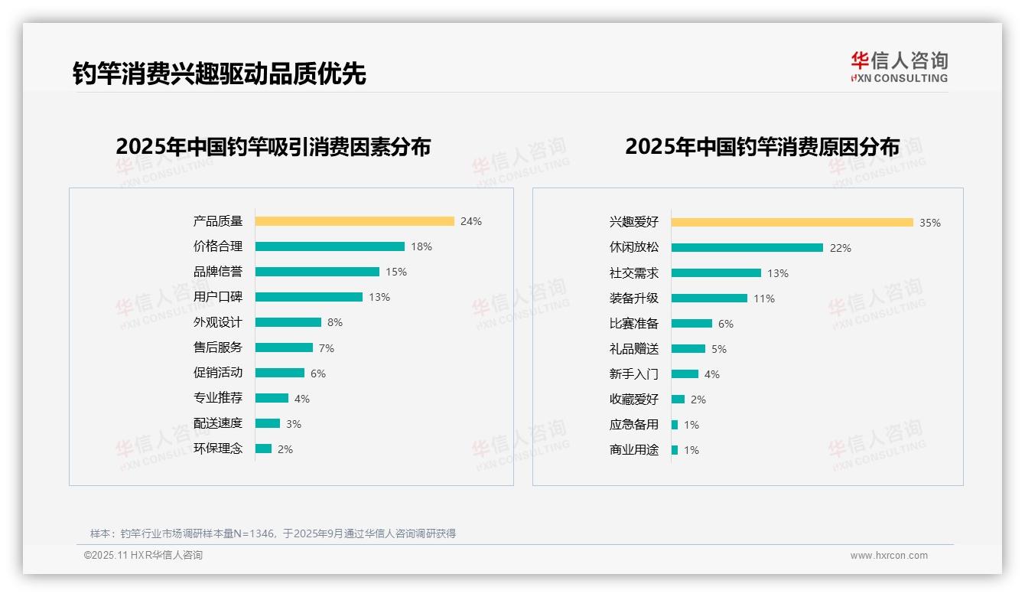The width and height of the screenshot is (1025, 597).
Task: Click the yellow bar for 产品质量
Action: (x=354, y=221)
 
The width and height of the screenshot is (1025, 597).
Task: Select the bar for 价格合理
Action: (x=330, y=246)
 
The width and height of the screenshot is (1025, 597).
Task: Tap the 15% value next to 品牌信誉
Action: (x=396, y=272)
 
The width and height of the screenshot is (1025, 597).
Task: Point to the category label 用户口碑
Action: (x=218, y=297)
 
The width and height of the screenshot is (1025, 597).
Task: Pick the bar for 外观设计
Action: (x=288, y=322)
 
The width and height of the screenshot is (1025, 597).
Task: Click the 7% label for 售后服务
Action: (x=327, y=348)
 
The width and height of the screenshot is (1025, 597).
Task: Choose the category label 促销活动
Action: (x=218, y=373)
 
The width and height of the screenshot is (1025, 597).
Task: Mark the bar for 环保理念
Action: (x=263, y=449)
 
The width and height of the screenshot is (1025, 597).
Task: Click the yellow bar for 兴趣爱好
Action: (x=792, y=222)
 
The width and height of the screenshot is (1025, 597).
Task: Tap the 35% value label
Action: (x=930, y=223)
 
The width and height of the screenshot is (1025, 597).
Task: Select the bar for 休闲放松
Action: (x=747, y=247)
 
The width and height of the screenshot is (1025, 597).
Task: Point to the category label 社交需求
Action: (x=634, y=272)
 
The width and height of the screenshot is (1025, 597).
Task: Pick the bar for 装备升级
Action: (x=709, y=298)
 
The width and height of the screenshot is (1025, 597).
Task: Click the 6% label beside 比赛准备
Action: (x=726, y=324)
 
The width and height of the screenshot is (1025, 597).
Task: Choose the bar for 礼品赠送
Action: (x=688, y=348)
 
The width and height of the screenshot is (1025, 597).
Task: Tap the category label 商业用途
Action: (x=634, y=450)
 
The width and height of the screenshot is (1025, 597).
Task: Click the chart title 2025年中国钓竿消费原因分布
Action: (x=762, y=146)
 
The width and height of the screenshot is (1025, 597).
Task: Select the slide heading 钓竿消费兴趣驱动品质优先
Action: (x=220, y=73)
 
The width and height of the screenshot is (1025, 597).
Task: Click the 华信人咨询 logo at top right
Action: (x=899, y=67)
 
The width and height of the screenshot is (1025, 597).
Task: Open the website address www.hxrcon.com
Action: (x=889, y=556)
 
